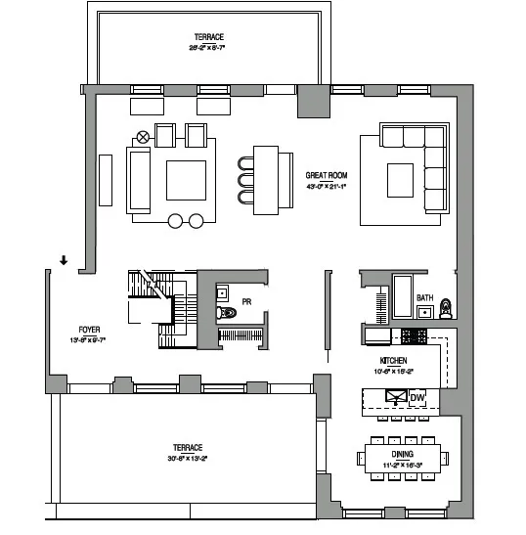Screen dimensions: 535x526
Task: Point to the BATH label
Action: (x=424, y=297)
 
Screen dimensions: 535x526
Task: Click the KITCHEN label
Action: (x=379, y=361)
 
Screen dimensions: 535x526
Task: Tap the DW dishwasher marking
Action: (x=417, y=397)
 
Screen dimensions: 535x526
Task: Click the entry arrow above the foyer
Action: (x=64, y=260)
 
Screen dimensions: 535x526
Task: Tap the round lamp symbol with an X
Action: (x=143, y=137)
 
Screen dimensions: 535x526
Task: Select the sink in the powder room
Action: (x=222, y=291)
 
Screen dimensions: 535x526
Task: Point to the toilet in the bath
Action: (x=445, y=308)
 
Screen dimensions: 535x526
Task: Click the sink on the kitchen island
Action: (x=395, y=397)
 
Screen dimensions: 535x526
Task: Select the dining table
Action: (x=405, y=457)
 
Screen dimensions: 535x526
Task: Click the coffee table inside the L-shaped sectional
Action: (x=400, y=180)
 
